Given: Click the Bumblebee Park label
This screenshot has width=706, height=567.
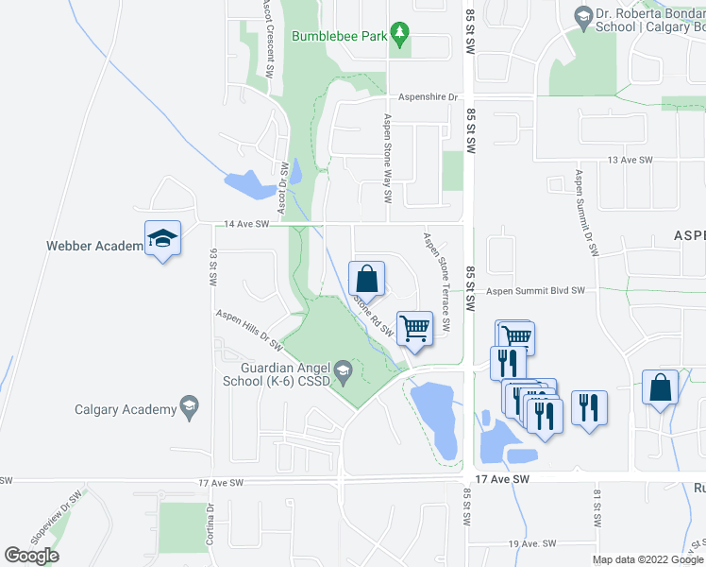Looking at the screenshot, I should pos(340,36).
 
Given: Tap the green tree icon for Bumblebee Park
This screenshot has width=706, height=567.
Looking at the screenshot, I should pos(400,35).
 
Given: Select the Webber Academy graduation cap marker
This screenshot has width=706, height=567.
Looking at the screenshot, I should pos(162,238).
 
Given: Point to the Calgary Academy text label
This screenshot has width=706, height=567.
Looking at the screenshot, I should pos(126,409).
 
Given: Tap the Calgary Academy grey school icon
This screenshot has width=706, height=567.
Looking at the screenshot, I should pos(190,408).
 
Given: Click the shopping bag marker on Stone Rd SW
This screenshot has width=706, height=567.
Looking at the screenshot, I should pos(366,279).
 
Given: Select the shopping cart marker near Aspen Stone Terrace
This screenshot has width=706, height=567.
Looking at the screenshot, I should pos(414,329).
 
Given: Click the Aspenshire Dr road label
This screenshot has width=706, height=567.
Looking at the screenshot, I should pos(428,97).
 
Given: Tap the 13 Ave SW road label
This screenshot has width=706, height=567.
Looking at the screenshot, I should pos(630,161).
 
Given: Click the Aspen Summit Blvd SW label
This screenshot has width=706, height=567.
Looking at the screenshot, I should pos(536,291).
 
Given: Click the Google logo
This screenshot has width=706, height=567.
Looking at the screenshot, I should pos(31,556).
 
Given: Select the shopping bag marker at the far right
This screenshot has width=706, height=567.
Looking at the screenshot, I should pos(660,387).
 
